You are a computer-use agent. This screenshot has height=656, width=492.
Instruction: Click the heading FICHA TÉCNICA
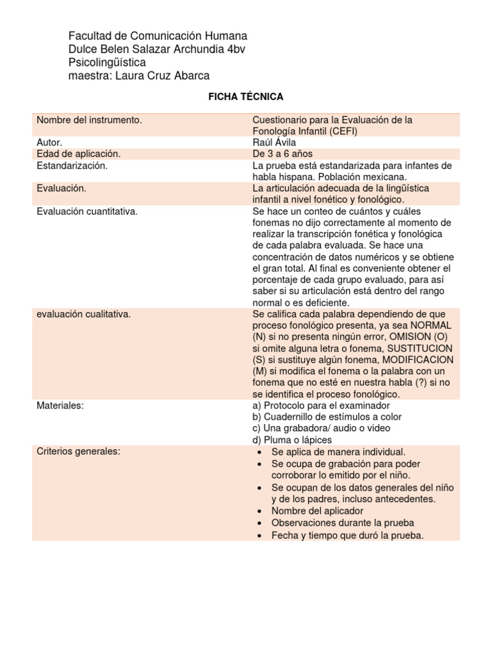click(x=246, y=97)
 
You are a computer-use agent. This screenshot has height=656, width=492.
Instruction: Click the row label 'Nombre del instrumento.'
click(x=89, y=120)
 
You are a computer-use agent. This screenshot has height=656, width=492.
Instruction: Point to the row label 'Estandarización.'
click(x=72, y=166)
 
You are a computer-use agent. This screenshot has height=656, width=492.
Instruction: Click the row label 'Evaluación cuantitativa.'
click(x=87, y=211)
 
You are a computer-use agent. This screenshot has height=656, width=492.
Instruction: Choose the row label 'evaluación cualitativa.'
click(x=84, y=314)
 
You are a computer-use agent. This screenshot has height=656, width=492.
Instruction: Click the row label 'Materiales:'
click(x=61, y=406)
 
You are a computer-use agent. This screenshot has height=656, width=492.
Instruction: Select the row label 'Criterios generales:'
click(x=78, y=452)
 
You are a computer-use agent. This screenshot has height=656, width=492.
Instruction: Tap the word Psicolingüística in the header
click(x=107, y=63)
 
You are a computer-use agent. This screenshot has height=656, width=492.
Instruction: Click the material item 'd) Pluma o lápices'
click(x=293, y=440)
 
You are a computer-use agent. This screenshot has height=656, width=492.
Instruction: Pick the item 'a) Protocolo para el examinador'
click(x=321, y=406)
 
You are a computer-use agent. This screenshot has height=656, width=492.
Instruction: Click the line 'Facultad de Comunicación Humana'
click(x=158, y=36)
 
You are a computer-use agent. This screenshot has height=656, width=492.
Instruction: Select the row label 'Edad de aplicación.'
click(x=79, y=154)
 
